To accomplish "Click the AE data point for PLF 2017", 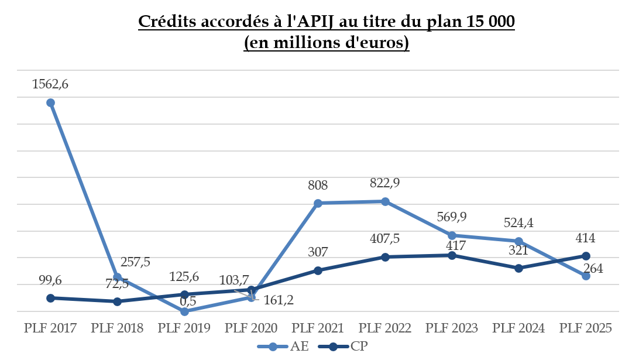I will click(x=50, y=102).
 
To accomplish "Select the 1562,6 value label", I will click(x=50, y=84).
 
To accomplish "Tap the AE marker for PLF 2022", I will click(x=385, y=201).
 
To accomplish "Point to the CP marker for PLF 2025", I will click(x=586, y=256).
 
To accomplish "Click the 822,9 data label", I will click(x=385, y=183).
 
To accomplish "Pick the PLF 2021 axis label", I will click(x=318, y=328).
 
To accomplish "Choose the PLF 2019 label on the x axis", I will click(x=184, y=328).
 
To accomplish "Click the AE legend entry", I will click(x=285, y=347).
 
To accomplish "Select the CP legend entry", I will click(x=345, y=347).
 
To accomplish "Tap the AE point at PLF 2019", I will click(x=184, y=311).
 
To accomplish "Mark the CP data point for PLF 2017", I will click(x=50, y=298).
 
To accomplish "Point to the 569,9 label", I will click(x=452, y=217).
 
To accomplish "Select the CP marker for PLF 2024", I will click(x=518, y=268).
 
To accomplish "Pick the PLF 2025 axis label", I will click(x=586, y=328).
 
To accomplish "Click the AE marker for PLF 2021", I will click(x=318, y=203).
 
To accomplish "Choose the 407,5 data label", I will click(x=385, y=240).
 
